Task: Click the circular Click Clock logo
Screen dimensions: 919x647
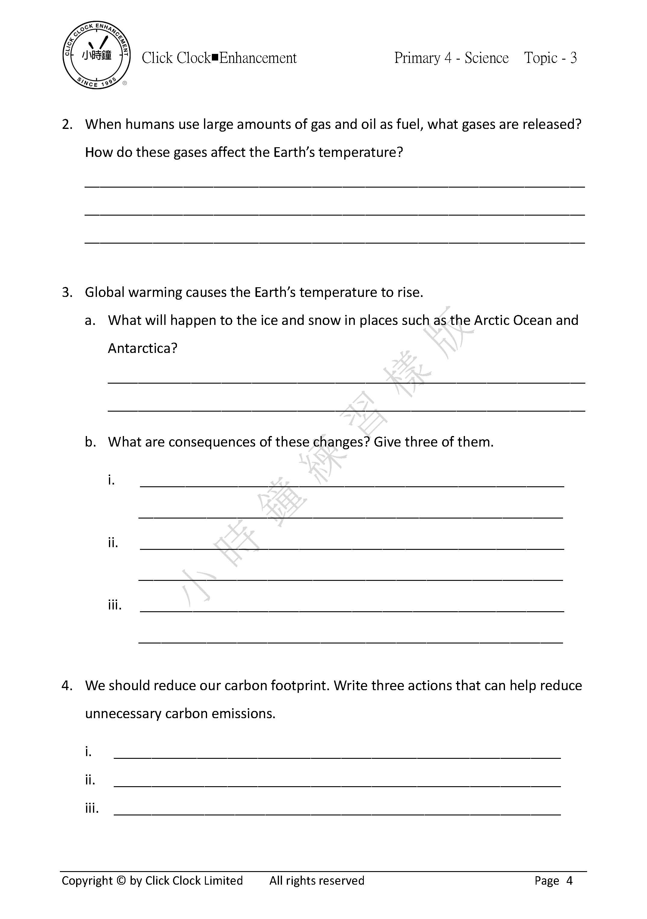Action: pos(96,55)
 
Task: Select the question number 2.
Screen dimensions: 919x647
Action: pos(67,124)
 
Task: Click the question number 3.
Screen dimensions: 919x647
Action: pos(67,293)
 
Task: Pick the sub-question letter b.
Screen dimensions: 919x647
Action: pos(90,442)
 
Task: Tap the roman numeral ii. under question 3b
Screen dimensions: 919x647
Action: pos(113,543)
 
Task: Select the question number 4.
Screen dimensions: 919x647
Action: pos(67,686)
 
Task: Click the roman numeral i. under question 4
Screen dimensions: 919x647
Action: pos(88,752)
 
